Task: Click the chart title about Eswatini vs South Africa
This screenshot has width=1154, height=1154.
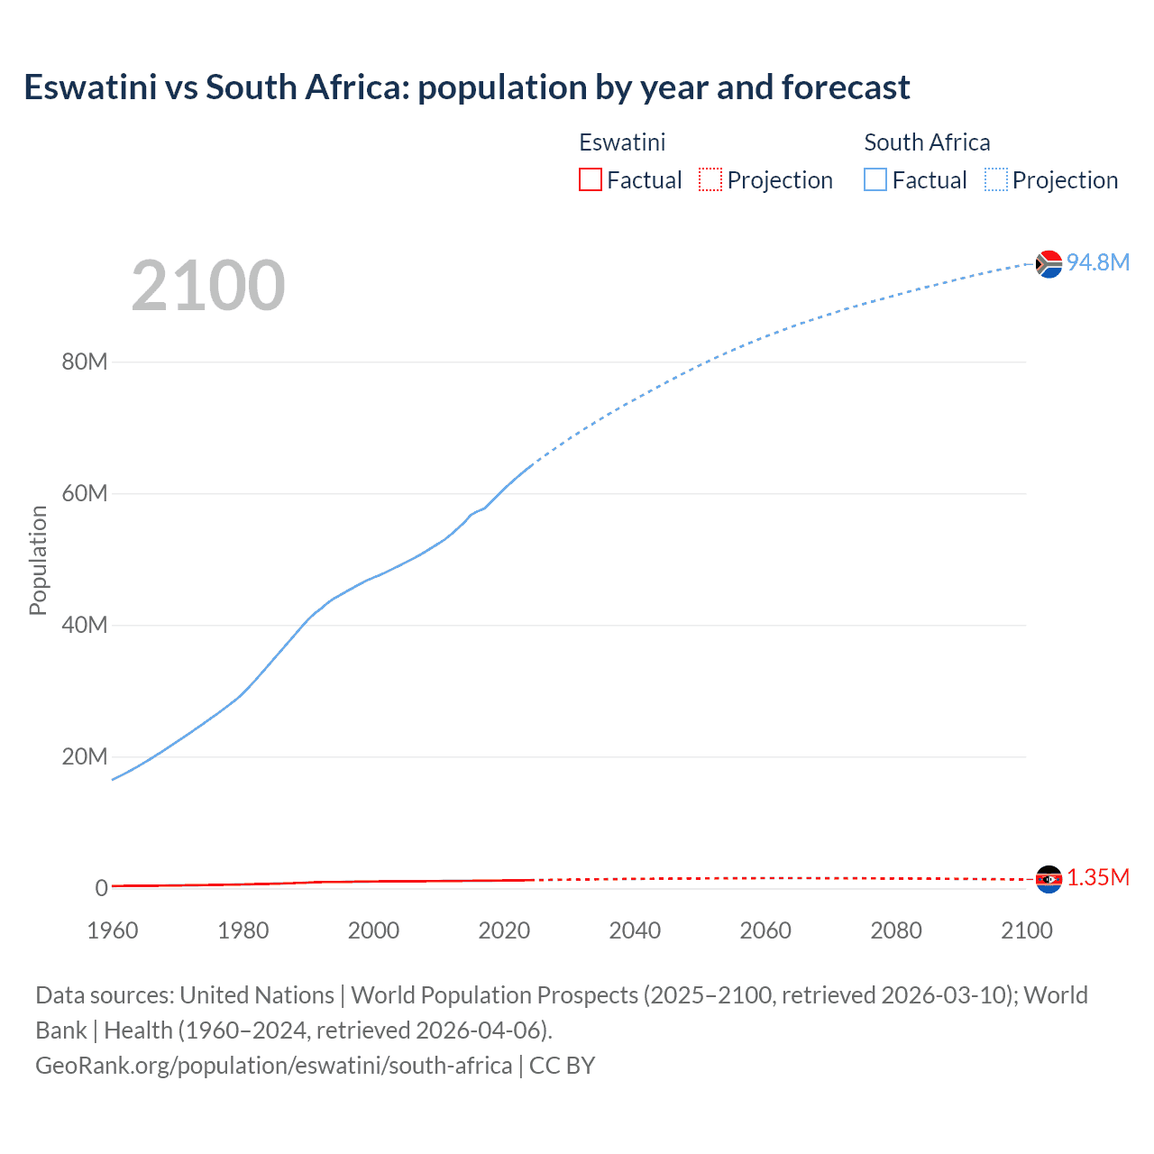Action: tap(466, 87)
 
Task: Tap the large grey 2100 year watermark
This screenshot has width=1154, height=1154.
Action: tap(208, 286)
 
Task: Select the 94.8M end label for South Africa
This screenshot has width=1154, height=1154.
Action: tap(1097, 262)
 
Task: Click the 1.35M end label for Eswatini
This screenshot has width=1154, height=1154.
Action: tap(1097, 878)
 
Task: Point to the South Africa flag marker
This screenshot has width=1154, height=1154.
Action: tap(1049, 264)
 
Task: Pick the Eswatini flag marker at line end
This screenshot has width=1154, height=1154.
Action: tap(1049, 879)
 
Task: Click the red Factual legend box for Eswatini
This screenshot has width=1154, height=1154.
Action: tap(591, 179)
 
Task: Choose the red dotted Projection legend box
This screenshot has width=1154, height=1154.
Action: tap(710, 179)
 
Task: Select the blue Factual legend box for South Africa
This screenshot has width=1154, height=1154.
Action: tap(875, 179)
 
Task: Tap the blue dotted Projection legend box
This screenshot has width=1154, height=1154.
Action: tap(996, 179)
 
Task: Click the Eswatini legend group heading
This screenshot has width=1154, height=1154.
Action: tap(622, 142)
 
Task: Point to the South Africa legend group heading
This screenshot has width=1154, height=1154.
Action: tap(927, 142)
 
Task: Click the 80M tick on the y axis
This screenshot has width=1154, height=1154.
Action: tap(85, 362)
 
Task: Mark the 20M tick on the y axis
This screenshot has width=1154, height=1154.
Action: tap(85, 756)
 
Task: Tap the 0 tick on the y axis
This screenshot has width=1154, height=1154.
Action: tap(101, 888)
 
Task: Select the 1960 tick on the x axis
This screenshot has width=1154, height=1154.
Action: tap(113, 930)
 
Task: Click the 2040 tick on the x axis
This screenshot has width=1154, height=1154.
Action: tap(635, 930)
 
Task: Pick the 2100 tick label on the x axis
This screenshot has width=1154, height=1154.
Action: tap(1026, 930)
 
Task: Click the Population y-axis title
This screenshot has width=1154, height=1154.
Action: tap(38, 560)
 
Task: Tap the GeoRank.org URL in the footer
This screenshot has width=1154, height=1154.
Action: tap(273, 1066)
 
